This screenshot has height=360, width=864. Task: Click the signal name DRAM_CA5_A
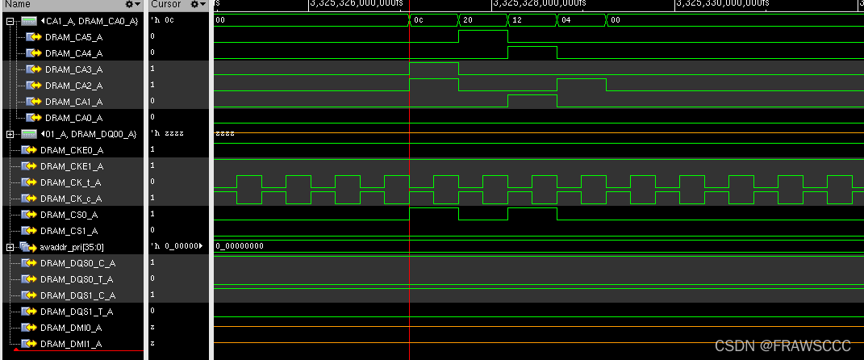(x=73, y=36)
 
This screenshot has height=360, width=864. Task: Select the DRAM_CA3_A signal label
(x=73, y=69)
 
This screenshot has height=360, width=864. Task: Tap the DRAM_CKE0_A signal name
(x=71, y=149)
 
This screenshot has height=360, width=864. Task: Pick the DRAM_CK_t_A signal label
(x=71, y=182)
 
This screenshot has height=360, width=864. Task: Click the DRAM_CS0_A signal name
(x=69, y=214)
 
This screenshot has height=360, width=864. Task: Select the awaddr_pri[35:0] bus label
(x=71, y=246)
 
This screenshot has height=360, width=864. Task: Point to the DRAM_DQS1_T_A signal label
(x=76, y=311)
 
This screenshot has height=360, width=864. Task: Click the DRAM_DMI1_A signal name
(x=71, y=343)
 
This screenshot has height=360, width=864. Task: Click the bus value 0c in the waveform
(x=418, y=19)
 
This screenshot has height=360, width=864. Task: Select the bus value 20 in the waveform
(x=469, y=19)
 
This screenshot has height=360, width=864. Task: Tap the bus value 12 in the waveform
(x=517, y=19)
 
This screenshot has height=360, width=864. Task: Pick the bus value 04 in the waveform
(x=566, y=19)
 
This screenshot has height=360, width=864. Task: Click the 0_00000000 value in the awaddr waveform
(x=241, y=245)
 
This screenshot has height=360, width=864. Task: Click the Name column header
(x=19, y=4)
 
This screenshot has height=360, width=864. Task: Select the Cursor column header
(x=166, y=4)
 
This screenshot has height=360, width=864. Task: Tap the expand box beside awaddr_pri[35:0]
(x=10, y=246)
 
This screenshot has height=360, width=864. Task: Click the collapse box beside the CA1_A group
(x=10, y=20)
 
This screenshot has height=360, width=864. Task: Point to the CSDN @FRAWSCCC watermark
(x=783, y=345)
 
